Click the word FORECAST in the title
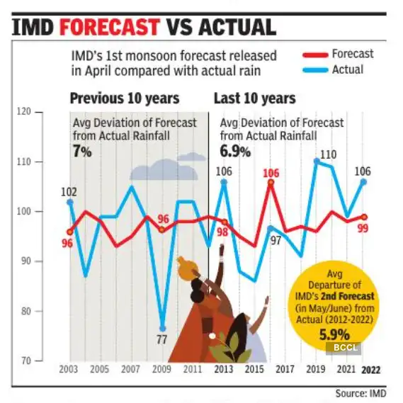tap(110, 27)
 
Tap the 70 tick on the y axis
tap(25, 361)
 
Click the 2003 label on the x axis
tap(69, 370)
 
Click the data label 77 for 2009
tap(161, 339)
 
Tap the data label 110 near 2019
tap(328, 154)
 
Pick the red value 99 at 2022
tap(362, 229)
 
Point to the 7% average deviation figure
tap(82, 150)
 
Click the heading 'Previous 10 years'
tap(124, 98)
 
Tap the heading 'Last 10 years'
tap(254, 98)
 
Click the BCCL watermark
tap(344, 348)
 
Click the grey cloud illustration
tap(164, 170)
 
